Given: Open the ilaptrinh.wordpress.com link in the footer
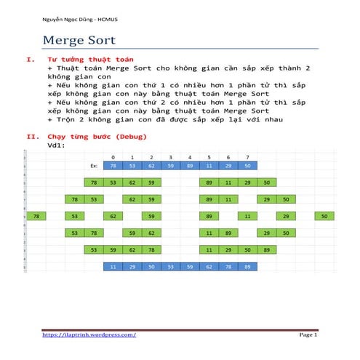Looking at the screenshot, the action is click(x=89, y=334).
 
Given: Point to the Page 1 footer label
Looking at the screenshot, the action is click(x=308, y=334).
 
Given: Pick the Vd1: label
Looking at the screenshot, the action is click(x=55, y=144).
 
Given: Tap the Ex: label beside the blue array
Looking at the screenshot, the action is click(x=94, y=166).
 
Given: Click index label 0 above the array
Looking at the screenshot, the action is click(x=113, y=157).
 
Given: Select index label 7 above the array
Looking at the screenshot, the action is click(x=248, y=157).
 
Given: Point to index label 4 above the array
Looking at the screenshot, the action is click(x=190, y=157).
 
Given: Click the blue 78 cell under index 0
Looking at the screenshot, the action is click(x=113, y=166).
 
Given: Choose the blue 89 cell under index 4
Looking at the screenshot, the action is click(x=190, y=166).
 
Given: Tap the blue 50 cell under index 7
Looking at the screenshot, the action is click(x=248, y=166).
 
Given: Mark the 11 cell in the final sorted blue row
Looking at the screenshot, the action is click(x=113, y=267).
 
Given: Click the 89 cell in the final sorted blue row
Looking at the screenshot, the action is click(x=248, y=267).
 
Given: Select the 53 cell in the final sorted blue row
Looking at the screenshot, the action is click(x=170, y=267).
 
